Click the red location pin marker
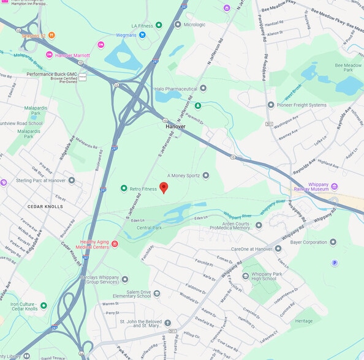click(x=164, y=188)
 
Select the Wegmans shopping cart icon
click(x=142, y=35)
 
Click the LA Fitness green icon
click(x=159, y=25)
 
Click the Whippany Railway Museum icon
click(x=334, y=186)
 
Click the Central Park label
click(x=149, y=227)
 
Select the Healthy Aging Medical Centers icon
click(x=115, y=244)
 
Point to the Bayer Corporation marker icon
click(x=333, y=242)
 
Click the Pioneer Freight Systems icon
click(x=270, y=105)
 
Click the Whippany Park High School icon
click(x=246, y=276)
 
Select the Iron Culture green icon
click(x=44, y=305)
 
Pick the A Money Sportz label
click(x=184, y=175)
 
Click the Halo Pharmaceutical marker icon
click(x=203, y=88)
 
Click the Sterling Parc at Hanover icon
click(x=72, y=180)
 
